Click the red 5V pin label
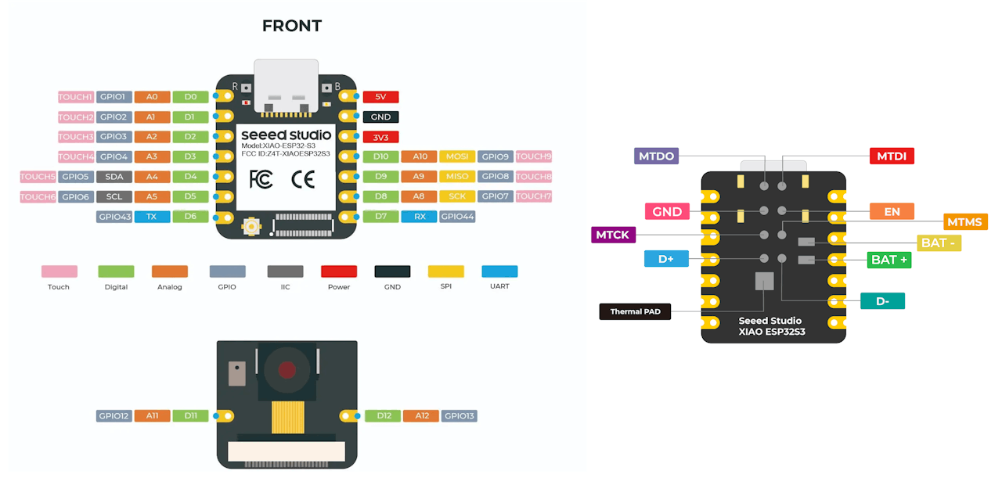[380, 97]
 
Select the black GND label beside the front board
[380, 117]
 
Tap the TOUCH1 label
[76, 97]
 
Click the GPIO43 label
[114, 217]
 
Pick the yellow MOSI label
[457, 156]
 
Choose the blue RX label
[420, 217]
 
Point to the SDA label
[114, 177]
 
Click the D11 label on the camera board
[191, 416]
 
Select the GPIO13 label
[460, 416]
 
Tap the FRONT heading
[292, 26]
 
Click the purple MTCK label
[613, 234]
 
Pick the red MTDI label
[892, 156]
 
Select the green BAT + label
[889, 259]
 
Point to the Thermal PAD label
[635, 311]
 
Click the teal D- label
[882, 300]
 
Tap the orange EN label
[892, 211]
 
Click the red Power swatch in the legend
[339, 271]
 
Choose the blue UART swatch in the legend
[499, 271]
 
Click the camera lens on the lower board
[287, 370]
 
